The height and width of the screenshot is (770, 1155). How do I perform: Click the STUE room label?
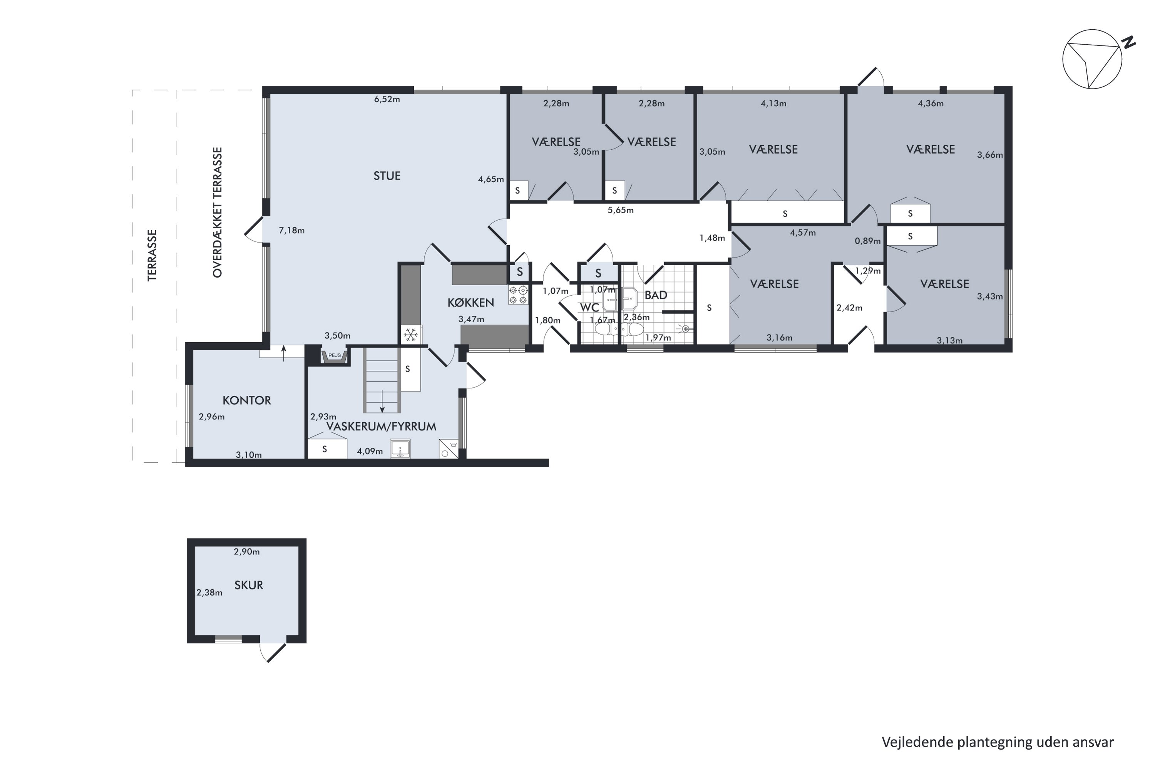[x=387, y=176]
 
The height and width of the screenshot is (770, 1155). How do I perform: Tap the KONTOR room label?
[x=246, y=400]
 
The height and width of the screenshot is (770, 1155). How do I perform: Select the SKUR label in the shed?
[x=248, y=585]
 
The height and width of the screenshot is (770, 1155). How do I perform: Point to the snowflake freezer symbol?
[x=410, y=335]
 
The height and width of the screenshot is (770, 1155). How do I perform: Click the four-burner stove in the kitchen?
[x=518, y=295]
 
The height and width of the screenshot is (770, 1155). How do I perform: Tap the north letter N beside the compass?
[x=1130, y=43]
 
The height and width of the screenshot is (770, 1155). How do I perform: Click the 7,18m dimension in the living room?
[x=292, y=230]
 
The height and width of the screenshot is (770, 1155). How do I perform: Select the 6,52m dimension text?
[x=387, y=99]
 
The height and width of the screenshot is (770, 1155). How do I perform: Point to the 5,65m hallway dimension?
[x=621, y=210]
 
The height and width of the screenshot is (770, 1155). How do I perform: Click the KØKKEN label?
[x=470, y=303]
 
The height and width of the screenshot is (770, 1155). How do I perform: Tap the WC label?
[x=589, y=307]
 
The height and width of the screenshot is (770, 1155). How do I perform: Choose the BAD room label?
[x=656, y=295]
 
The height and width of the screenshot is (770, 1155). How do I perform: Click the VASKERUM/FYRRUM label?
[x=381, y=426]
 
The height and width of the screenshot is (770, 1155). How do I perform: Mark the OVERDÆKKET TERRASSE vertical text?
[x=218, y=212]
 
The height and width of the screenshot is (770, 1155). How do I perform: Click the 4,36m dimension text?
[x=931, y=104]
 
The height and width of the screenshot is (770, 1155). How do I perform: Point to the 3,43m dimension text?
[x=989, y=296]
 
